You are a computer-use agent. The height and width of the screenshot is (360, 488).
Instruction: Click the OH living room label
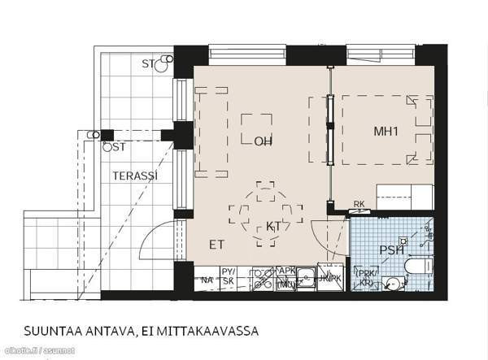tap(262, 141)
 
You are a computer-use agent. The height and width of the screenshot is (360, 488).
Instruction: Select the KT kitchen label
tap(273, 227)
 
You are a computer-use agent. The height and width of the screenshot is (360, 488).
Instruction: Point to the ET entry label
tap(216, 244)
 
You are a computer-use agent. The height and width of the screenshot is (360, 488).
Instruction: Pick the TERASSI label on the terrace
tap(135, 176)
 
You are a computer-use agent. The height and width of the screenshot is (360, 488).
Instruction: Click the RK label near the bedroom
tap(359, 204)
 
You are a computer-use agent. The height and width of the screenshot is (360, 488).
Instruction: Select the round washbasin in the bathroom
tap(394, 284)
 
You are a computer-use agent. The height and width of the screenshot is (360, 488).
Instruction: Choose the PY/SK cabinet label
tap(229, 276)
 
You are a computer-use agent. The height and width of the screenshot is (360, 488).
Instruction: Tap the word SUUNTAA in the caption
tap(55, 332)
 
